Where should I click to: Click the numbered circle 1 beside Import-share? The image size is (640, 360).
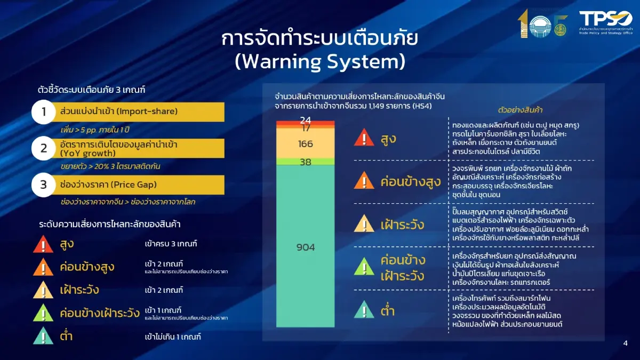click(x=44, y=112)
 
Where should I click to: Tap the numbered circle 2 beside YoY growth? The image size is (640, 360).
click(x=44, y=148)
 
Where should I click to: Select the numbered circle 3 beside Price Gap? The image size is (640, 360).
click(x=44, y=185)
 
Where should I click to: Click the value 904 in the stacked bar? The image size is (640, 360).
click(x=305, y=247)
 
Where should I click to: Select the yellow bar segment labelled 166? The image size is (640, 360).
click(x=305, y=144)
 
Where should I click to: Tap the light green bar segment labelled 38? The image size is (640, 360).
click(x=305, y=162)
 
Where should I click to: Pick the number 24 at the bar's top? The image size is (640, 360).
click(x=305, y=121)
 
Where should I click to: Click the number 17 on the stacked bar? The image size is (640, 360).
click(x=306, y=128)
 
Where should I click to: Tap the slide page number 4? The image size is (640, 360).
click(x=626, y=343)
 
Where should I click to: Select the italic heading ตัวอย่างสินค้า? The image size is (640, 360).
click(x=520, y=110)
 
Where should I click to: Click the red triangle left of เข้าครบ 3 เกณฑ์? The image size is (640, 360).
click(x=43, y=245)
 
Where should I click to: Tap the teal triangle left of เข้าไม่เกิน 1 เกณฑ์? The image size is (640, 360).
click(x=43, y=337)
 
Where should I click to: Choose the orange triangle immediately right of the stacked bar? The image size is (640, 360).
click(x=364, y=182)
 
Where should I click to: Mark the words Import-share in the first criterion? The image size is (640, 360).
click(x=147, y=112)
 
